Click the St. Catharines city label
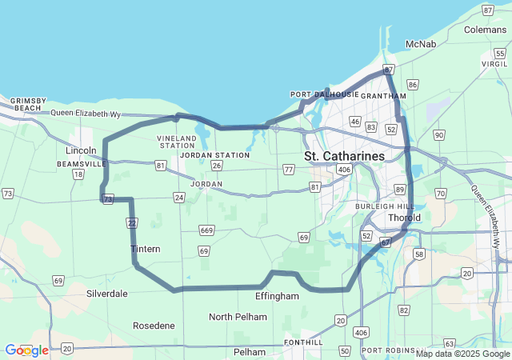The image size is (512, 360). (344, 155)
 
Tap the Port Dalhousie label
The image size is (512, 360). (324, 94)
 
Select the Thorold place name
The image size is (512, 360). (404, 218)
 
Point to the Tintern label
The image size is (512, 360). (146, 249)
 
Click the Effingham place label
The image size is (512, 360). (277, 296)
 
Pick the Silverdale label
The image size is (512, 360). (106, 294)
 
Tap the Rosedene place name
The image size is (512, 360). (154, 326)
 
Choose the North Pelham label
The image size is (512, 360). (238, 317)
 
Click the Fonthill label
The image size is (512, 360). (304, 342)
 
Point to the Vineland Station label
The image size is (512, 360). (176, 142)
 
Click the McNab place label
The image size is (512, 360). (421, 43)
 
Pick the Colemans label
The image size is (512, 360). (485, 30)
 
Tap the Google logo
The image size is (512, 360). (26, 350)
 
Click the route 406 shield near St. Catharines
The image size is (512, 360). (345, 169)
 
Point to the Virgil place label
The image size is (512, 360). (495, 63)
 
